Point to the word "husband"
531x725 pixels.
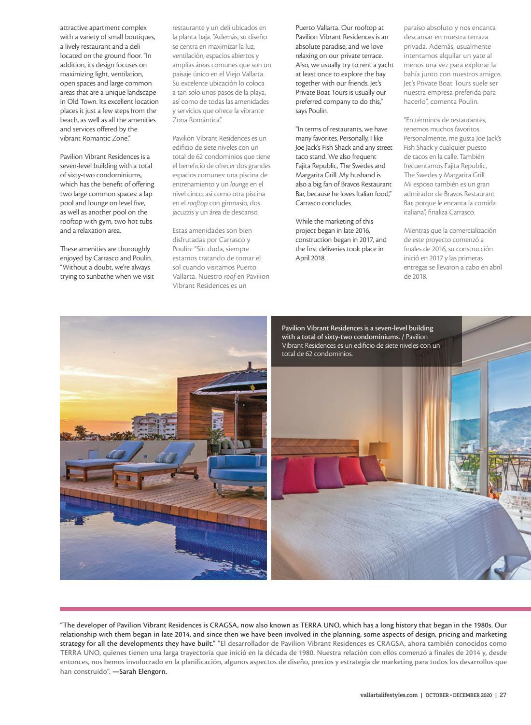(361, 175)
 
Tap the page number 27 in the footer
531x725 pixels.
(503, 696)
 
